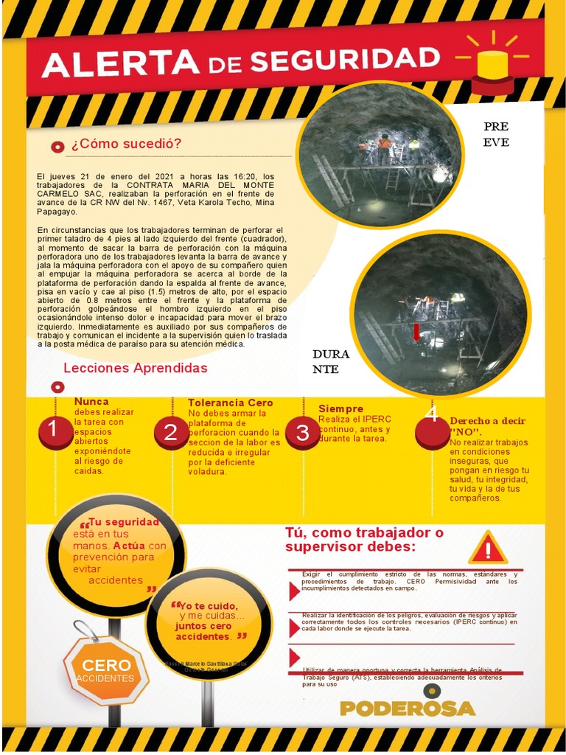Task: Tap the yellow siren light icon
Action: click(492, 65)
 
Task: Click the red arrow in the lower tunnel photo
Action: click(416, 332)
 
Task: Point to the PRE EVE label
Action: click(496, 134)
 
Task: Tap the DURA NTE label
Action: click(331, 361)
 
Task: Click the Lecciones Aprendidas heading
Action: click(136, 368)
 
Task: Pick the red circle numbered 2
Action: click(172, 433)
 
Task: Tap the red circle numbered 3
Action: click(302, 433)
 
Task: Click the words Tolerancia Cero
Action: click(231, 403)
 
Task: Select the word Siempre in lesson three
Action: click(340, 408)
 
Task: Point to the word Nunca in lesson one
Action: click(91, 402)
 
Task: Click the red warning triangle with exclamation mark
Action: click(487, 548)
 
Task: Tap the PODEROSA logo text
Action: click(408, 708)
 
